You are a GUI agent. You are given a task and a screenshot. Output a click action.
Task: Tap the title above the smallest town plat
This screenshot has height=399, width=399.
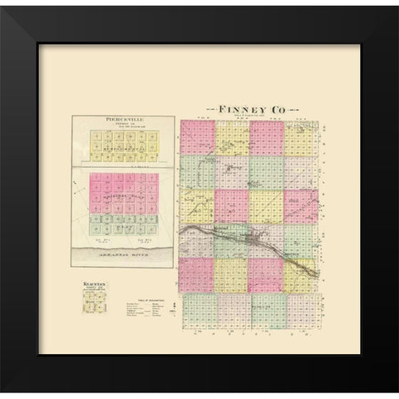[x=93, y=284]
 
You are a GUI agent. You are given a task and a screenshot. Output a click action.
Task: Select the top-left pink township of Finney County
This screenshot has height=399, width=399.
[x=197, y=137]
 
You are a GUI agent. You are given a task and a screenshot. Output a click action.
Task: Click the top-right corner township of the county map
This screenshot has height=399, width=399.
[x=301, y=138]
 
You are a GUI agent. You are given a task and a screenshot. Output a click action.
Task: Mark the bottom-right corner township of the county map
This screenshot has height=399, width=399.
[x=301, y=309]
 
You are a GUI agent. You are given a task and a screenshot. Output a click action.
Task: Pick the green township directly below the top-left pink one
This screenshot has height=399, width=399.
[x=197, y=172]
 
